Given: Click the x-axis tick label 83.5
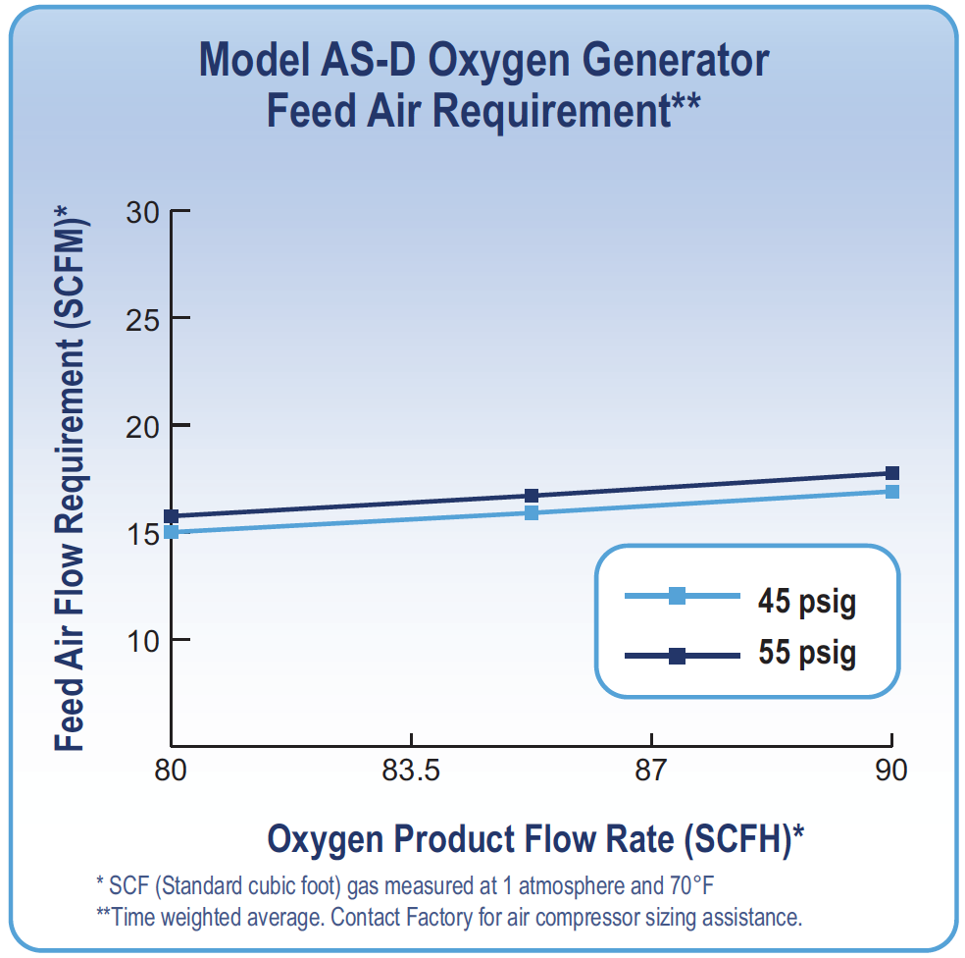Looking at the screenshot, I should pos(411,771).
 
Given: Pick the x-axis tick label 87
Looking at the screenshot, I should pos(651,771).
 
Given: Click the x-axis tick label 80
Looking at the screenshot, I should pos(172,771).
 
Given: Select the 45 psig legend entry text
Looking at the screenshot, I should pos(806,601).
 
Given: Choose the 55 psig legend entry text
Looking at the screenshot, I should pos(806,653).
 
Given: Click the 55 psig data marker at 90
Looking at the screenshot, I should pos(892,473).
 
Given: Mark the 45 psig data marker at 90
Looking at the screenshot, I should pos(892,491).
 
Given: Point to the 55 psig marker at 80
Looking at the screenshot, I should pos(172,516).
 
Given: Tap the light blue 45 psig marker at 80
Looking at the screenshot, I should pos(172,532).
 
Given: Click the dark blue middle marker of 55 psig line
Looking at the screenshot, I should pos(532,496).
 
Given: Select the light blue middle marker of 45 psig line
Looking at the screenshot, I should pos(532,512).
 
